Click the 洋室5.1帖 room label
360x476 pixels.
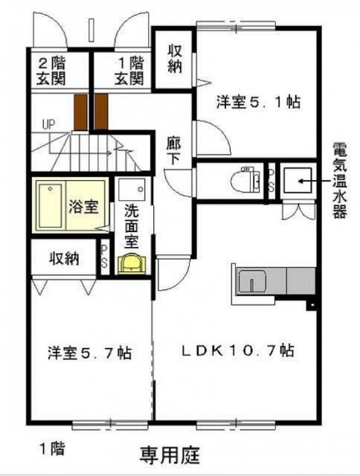click(x=258, y=103)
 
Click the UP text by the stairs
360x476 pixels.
click(x=49, y=123)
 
